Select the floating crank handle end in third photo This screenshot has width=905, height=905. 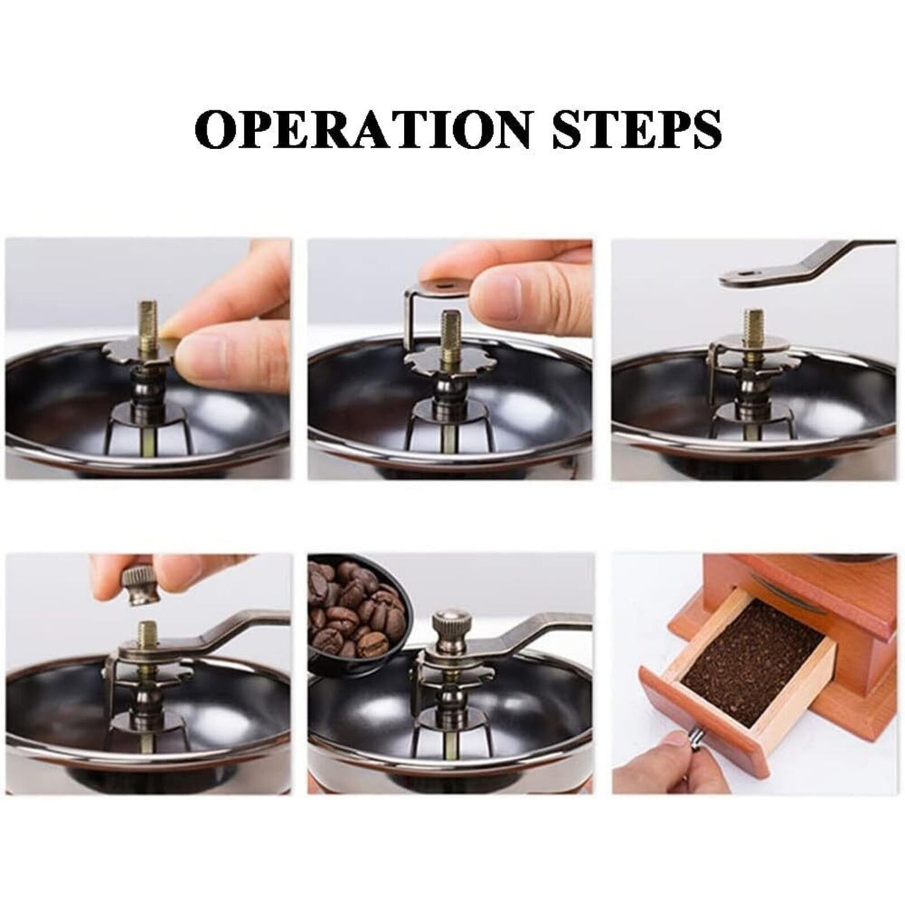745,277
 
